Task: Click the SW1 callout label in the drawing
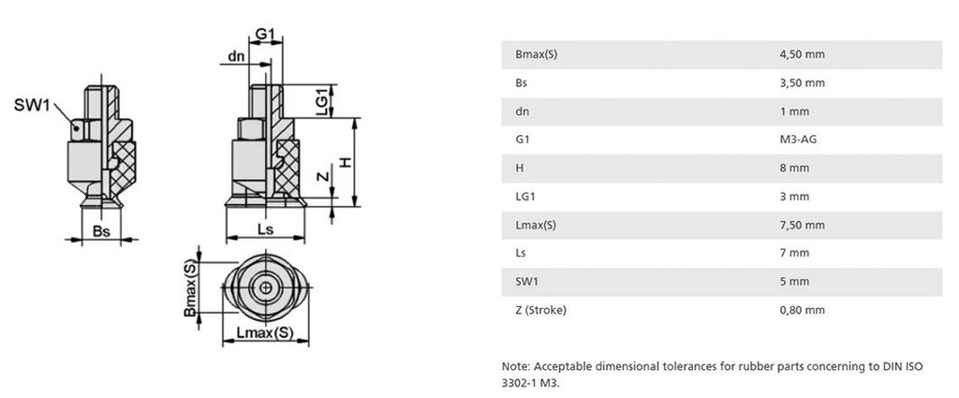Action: [x=32, y=105]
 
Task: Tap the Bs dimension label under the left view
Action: [x=101, y=231]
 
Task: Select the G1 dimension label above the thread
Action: [x=265, y=35]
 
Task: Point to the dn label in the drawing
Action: [x=237, y=56]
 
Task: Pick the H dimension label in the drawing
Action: [x=347, y=163]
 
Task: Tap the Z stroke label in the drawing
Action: [x=325, y=177]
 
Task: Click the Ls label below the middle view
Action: [x=265, y=229]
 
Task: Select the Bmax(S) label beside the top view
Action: [x=191, y=287]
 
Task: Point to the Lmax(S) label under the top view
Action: [x=265, y=332]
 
